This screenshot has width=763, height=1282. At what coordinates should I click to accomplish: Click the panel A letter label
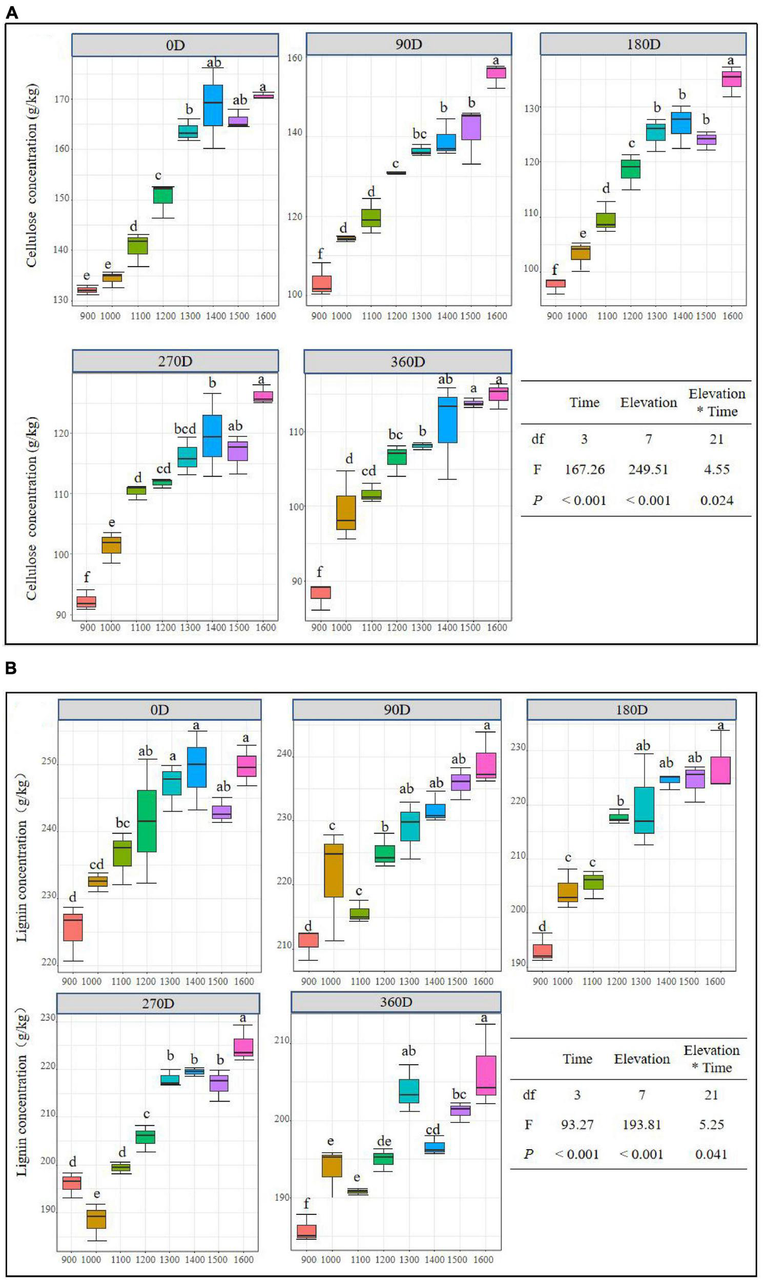tap(11, 12)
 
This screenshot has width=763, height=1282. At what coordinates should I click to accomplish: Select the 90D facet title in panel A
tap(409, 44)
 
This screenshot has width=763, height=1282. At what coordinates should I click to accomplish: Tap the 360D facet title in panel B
tap(396, 1002)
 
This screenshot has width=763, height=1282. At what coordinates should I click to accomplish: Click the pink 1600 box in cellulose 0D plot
tap(263, 95)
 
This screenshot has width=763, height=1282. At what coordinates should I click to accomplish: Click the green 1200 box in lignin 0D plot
tap(147, 821)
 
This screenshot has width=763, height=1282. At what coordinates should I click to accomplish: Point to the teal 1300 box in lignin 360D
tap(409, 1091)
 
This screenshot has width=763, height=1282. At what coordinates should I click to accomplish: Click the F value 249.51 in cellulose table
tap(648, 469)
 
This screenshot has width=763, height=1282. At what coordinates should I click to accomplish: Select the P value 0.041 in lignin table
tap(711, 1154)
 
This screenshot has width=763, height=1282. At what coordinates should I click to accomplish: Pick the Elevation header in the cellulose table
tap(648, 403)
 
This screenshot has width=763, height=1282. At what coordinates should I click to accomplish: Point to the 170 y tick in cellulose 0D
tap(62, 98)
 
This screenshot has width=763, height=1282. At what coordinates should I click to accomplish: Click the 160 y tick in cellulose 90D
tap(295, 57)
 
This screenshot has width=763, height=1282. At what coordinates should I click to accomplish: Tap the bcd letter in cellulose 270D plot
tap(185, 428)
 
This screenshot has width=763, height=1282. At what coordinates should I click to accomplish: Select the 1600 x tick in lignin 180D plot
tap(715, 981)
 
